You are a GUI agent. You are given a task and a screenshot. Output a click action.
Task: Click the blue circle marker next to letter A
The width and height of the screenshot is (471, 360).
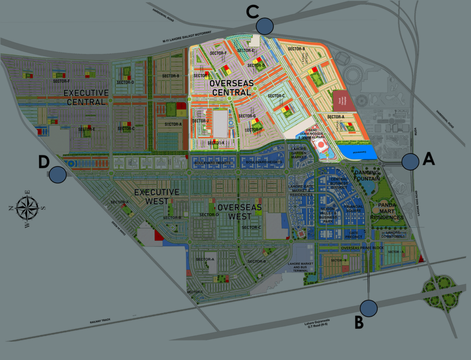coord(410,161)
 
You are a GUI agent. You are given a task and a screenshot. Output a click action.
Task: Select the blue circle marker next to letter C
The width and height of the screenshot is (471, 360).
coord(265,26)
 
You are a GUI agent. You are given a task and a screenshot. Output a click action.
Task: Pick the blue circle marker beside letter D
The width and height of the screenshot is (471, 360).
coord(57,174)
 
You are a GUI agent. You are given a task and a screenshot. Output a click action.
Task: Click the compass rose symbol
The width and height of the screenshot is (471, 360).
coord(27,208)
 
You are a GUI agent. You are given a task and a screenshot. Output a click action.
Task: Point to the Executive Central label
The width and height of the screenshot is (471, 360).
coord(86,97)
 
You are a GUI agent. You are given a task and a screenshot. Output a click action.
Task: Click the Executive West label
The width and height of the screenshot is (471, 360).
coord(156,197)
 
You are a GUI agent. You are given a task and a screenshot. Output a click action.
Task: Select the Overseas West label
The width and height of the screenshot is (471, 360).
coord(240,212)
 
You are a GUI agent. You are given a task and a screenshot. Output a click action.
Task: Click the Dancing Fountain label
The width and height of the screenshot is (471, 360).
coord(367,175)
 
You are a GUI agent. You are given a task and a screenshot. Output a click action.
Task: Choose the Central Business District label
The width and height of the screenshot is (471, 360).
coord(339,183)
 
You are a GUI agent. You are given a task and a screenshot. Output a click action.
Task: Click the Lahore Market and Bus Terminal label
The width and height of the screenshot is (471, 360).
coord(300,267)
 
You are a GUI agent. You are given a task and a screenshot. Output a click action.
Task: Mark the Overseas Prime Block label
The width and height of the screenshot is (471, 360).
coord(362,248)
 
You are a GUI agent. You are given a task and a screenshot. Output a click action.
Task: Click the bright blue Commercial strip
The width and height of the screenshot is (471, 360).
coord(357,152)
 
